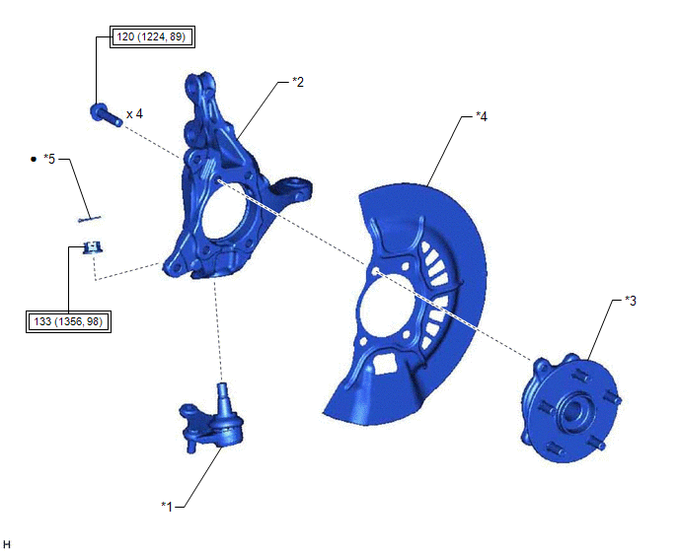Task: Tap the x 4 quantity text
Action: click(x=134, y=114)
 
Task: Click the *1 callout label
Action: click(x=167, y=506)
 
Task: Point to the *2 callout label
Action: click(x=298, y=82)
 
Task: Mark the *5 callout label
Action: click(x=49, y=160)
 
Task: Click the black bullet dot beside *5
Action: click(x=34, y=160)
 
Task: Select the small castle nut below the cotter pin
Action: click(x=93, y=247)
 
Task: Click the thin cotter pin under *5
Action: click(x=90, y=220)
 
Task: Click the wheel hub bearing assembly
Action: click(x=571, y=409)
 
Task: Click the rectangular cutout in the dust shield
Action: click(x=385, y=363)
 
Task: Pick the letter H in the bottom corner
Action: click(x=7, y=545)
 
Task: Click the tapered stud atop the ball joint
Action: click(x=223, y=397)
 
